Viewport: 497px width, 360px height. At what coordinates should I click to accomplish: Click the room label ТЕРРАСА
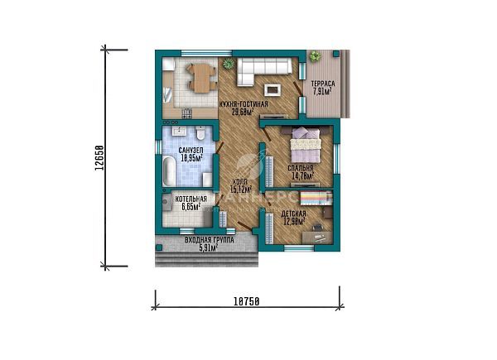tap(322, 84)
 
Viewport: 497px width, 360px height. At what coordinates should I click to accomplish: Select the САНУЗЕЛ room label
tap(191, 150)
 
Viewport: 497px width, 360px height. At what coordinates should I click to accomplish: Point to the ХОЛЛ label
tap(239, 181)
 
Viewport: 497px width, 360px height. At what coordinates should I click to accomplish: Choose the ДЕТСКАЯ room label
tap(293, 214)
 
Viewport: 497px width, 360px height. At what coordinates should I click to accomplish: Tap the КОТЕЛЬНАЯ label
tap(191, 199)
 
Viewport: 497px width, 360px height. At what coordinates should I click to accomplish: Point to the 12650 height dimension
tap(98, 157)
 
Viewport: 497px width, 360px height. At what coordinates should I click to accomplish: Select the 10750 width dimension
tap(247, 302)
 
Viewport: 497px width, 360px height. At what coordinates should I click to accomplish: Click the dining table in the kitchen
tap(197, 77)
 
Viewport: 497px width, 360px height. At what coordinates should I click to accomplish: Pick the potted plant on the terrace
tap(315, 56)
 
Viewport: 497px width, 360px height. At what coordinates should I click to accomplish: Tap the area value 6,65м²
tap(191, 207)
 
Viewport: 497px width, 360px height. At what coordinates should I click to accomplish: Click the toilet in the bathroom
tap(202, 136)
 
